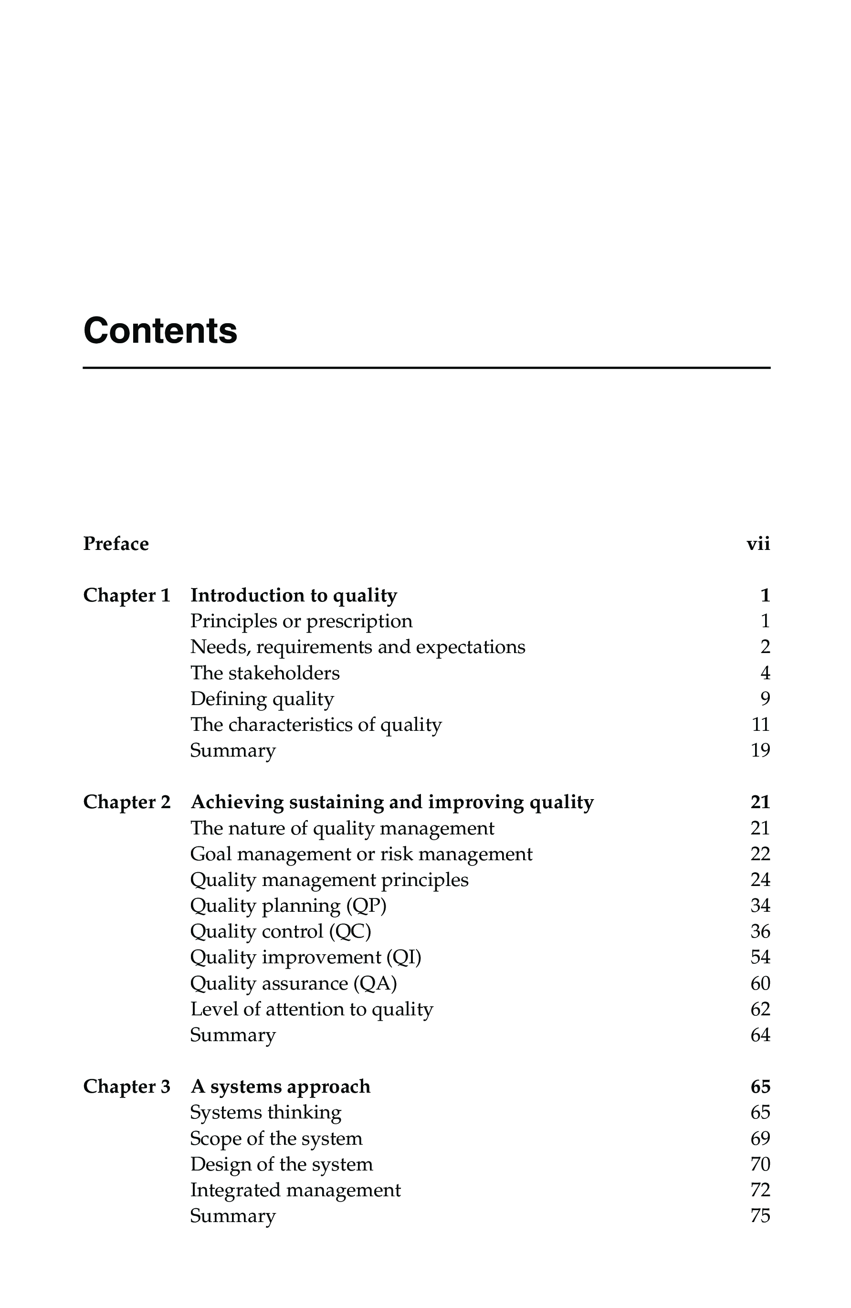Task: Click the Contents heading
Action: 160,331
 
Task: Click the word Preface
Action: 116,544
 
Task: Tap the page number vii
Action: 757,544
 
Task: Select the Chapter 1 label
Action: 127,595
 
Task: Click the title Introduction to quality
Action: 294,595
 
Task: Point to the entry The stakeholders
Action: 265,673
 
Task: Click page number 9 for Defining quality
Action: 765,698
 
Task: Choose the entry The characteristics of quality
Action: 316,724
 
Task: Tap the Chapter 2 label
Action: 127,802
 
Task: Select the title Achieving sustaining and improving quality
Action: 392,802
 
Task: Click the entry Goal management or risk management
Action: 361,854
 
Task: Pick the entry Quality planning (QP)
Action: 288,905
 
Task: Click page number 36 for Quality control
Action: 760,931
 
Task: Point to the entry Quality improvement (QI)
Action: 305,957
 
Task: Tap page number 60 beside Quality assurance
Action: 760,982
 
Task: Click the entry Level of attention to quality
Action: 312,1009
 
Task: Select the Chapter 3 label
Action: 127,1086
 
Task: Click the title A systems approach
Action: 280,1086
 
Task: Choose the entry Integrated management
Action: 295,1189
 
